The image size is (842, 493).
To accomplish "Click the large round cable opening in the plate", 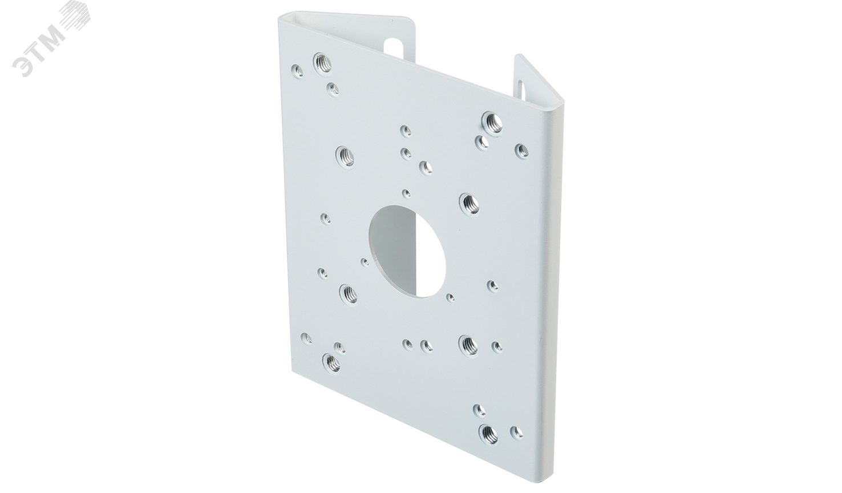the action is click(x=407, y=251).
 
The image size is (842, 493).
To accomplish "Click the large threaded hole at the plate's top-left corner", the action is click(x=322, y=62).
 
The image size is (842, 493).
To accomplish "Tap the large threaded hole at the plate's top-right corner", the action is click(x=492, y=122).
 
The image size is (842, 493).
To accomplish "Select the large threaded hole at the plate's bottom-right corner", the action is click(x=488, y=434).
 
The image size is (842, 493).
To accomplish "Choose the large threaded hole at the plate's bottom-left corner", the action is click(x=331, y=363).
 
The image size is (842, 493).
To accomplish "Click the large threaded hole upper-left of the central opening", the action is click(x=345, y=156).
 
